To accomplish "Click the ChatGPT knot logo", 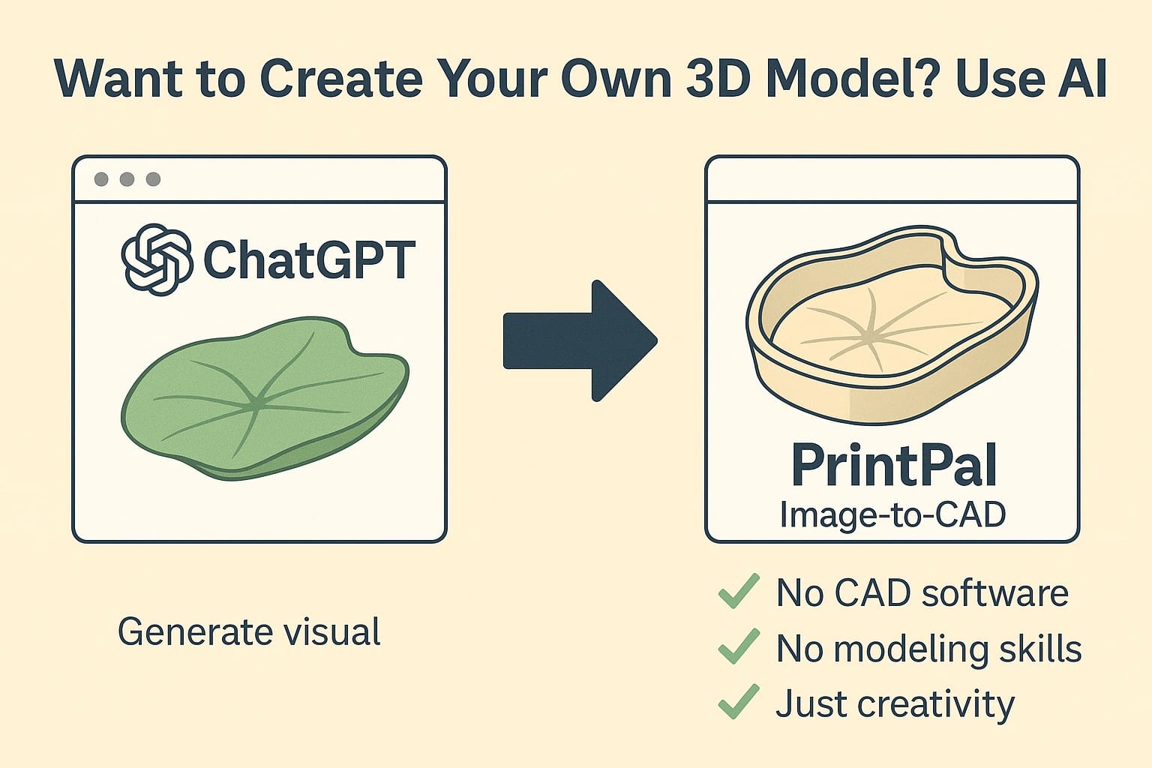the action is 157,259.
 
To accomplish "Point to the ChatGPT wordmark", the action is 310,259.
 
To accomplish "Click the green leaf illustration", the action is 265,399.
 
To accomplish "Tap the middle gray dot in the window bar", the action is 127,179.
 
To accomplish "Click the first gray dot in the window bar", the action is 101,179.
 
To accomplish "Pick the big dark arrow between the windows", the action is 580,340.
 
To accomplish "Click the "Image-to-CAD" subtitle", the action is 892,514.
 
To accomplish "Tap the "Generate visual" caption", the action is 250,631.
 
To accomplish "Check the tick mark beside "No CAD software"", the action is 739,591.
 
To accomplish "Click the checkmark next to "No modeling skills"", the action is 739,646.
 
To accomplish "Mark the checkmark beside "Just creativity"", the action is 739,702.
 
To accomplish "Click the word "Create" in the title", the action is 341,78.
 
